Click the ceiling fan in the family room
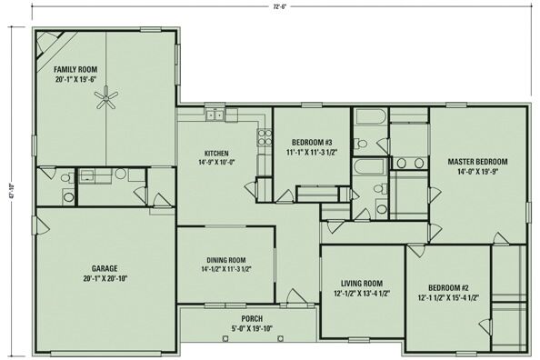pyautogui.click(x=106, y=98)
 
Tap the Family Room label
pyautogui.click(x=75, y=70)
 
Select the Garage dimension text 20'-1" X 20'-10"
pyautogui.click(x=105, y=279)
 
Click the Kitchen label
pyautogui.click(x=216, y=154)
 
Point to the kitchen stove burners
pyautogui.click(x=265, y=137)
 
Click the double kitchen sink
pyautogui.click(x=215, y=115)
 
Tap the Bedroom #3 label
pyautogui.click(x=312, y=142)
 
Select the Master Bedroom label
pyautogui.click(x=477, y=162)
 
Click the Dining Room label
pyautogui.click(x=226, y=260)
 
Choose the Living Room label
pyautogui.click(x=362, y=284)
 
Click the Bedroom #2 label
pyautogui.click(x=448, y=288)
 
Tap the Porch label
pyautogui.click(x=252, y=319)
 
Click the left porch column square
pyautogui.click(x=225, y=338)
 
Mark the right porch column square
pyautogui.click(x=281, y=338)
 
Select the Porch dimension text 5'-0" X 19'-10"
pyautogui.click(x=252, y=328)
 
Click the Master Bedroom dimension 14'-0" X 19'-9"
pyautogui.click(x=477, y=171)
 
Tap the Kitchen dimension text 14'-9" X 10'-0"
pyautogui.click(x=216, y=162)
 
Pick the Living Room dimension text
pyautogui.click(x=362, y=294)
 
